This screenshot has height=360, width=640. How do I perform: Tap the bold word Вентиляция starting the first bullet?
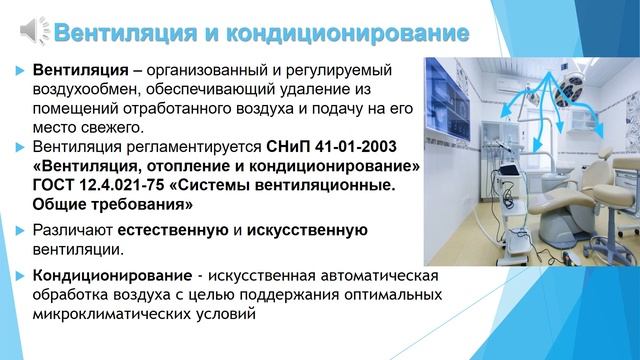point(79,72)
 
